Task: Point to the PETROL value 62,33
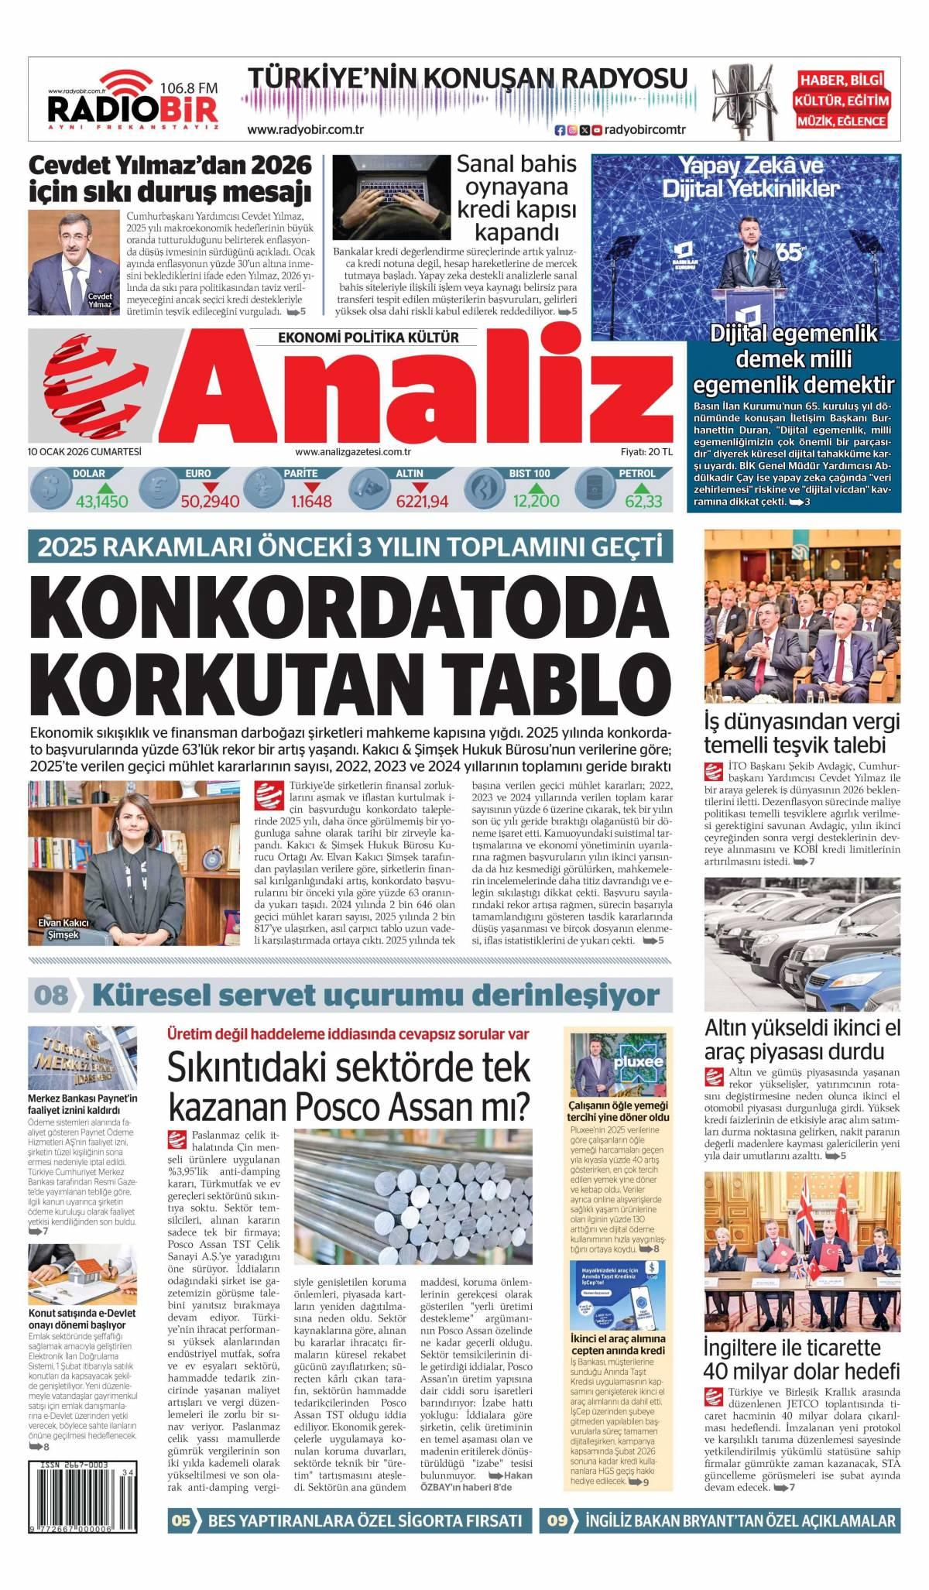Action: click(x=643, y=501)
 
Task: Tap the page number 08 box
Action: click(x=50, y=994)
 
